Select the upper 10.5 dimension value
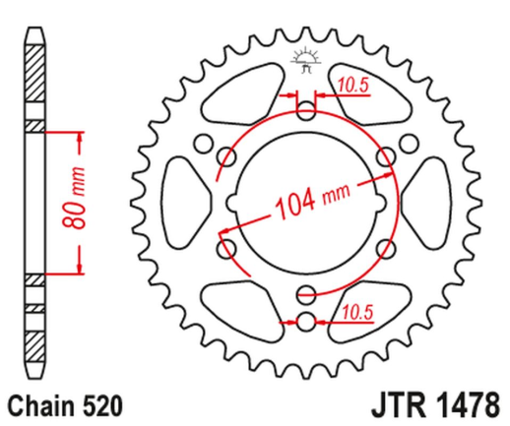click(351, 86)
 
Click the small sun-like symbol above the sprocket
click(304, 58)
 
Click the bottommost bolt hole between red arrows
click(304, 321)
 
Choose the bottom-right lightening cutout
click(371, 299)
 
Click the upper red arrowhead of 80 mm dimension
click(77, 135)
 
